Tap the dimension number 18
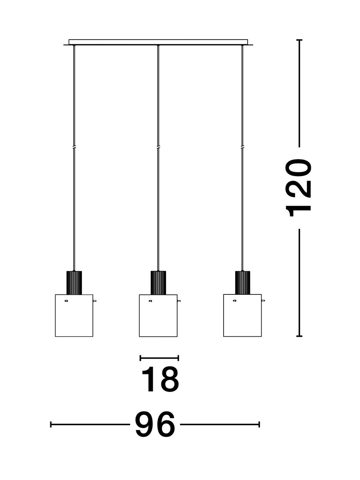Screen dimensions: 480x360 [160, 379]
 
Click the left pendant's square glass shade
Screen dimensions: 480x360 [74, 316]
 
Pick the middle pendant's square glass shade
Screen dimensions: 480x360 [158, 316]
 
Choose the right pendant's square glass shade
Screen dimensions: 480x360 [242, 316]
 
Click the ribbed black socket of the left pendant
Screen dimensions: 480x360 [74, 282]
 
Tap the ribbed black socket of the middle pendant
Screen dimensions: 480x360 [158, 282]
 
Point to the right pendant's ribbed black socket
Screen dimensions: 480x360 [242, 282]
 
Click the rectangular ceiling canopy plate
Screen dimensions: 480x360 [158, 42]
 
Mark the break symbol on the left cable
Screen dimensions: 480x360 [74, 147]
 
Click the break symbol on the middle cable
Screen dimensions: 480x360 [158, 147]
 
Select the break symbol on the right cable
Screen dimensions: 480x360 [242, 147]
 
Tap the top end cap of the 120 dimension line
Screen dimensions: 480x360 [299, 40]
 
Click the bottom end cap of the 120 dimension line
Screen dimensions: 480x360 [299, 336]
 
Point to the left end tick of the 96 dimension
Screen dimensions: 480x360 [51, 424]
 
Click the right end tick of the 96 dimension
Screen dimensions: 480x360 [259, 424]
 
